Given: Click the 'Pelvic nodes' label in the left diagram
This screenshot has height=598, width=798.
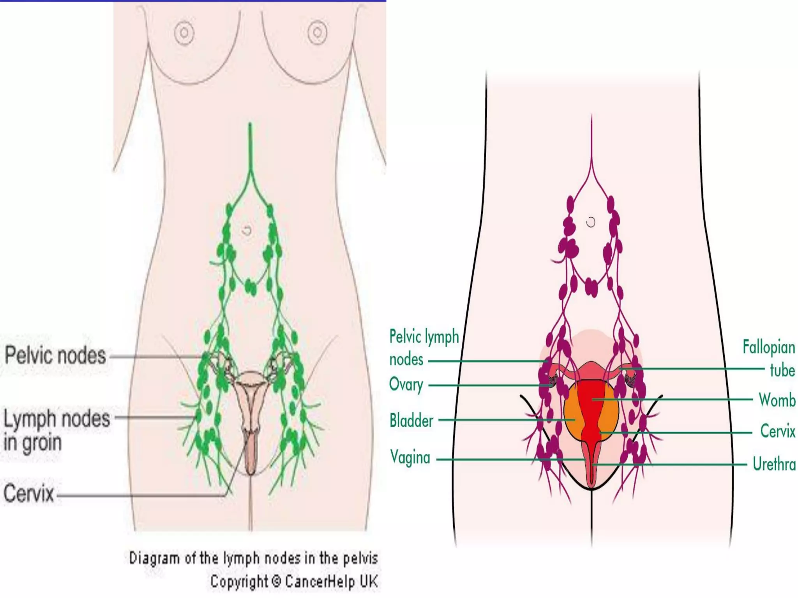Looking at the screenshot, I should click(x=55, y=355).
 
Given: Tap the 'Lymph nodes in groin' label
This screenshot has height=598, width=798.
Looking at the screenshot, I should click(x=56, y=430).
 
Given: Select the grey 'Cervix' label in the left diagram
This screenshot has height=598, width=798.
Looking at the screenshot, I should click(x=28, y=493).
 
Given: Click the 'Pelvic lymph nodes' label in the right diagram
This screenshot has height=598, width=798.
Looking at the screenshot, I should click(x=424, y=348).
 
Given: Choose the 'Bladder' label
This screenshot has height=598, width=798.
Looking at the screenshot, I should click(x=411, y=420).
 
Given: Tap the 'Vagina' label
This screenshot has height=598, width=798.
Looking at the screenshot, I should click(x=410, y=457).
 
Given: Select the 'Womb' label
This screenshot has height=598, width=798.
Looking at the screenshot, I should click(x=777, y=400).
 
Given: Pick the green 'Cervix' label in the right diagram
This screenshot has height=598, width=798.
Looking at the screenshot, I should click(x=777, y=431).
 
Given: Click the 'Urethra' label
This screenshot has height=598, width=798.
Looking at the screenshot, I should click(x=774, y=464).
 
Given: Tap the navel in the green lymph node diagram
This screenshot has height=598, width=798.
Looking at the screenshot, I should click(x=247, y=230).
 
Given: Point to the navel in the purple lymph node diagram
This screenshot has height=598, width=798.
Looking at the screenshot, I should click(x=591, y=222).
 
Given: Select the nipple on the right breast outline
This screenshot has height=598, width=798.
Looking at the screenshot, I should click(x=318, y=32).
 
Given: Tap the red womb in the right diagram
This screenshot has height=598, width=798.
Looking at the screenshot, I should click(x=591, y=405).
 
